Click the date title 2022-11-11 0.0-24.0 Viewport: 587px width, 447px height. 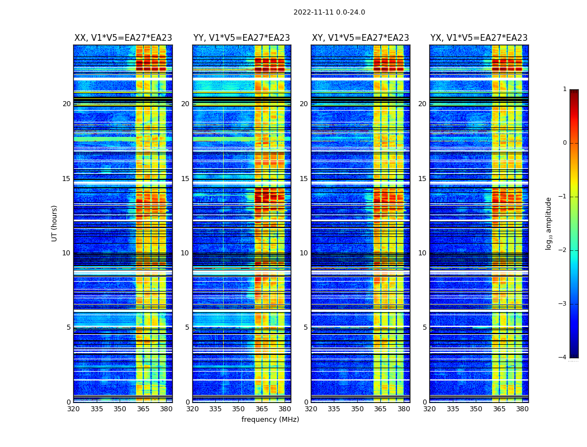[x=329, y=12]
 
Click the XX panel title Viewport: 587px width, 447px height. [x=123, y=38]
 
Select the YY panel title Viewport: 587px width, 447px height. [x=242, y=38]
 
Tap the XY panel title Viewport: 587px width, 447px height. [x=360, y=38]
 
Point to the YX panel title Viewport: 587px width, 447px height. [x=479, y=38]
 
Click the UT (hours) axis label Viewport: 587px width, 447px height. [x=54, y=223]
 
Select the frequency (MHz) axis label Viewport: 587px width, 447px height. [x=270, y=420]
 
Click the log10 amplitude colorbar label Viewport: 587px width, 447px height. [x=549, y=223]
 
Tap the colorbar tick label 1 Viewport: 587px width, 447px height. [x=564, y=89]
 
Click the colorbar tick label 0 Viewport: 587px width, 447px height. [x=564, y=143]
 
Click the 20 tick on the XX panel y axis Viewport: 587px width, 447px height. [x=67, y=104]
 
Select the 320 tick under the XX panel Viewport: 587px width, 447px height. [x=73, y=409]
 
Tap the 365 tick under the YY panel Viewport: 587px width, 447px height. [x=262, y=409]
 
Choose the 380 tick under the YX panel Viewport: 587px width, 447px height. [x=522, y=409]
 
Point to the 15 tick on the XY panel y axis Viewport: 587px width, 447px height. [x=304, y=179]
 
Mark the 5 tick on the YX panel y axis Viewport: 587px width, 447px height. [x=425, y=327]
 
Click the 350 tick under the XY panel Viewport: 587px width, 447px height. [x=357, y=409]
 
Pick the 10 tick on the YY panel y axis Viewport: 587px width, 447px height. [x=185, y=253]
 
